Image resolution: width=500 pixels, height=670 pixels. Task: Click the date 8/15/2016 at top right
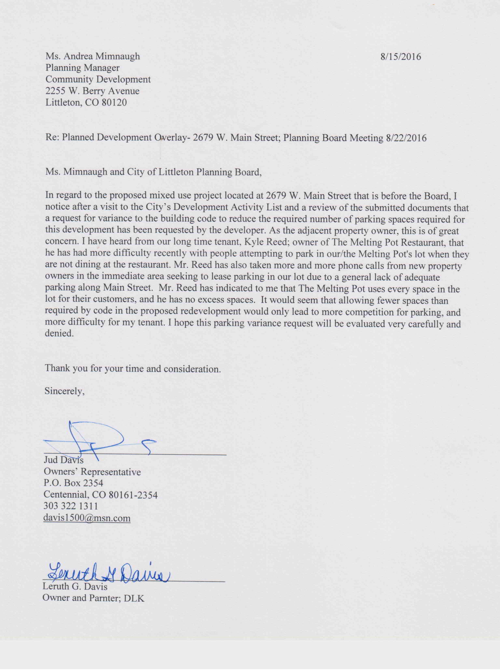401,57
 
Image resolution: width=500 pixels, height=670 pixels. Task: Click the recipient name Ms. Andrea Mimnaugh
93,56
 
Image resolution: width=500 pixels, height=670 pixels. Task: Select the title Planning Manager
82,68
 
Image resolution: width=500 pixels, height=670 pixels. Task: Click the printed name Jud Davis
64,460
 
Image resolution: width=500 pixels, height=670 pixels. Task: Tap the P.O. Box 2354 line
73,483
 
